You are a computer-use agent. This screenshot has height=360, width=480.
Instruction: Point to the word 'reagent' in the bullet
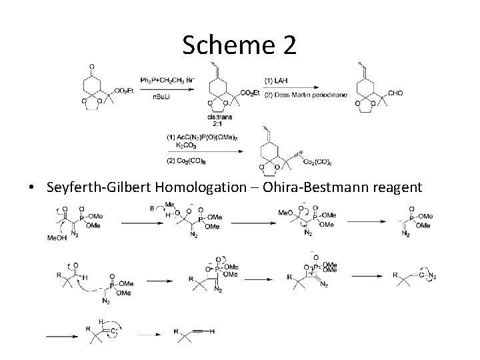coord(393,187)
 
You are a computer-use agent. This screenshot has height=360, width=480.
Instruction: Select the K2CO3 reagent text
coord(184,144)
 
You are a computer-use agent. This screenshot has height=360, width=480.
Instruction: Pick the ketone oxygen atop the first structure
coord(91,66)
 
